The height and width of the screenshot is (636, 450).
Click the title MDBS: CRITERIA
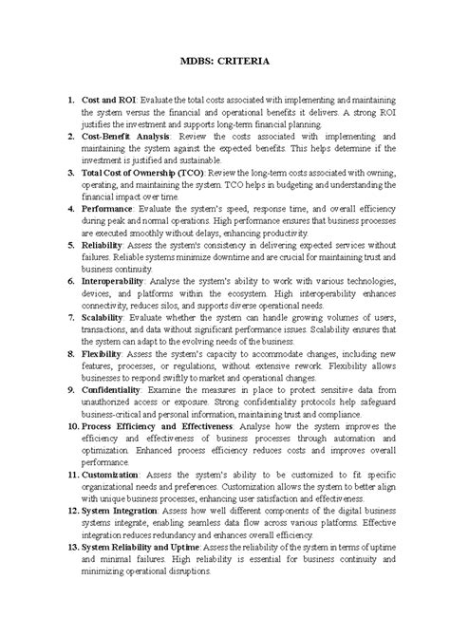click(226, 62)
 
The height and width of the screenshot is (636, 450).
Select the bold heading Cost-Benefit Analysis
click(126, 136)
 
